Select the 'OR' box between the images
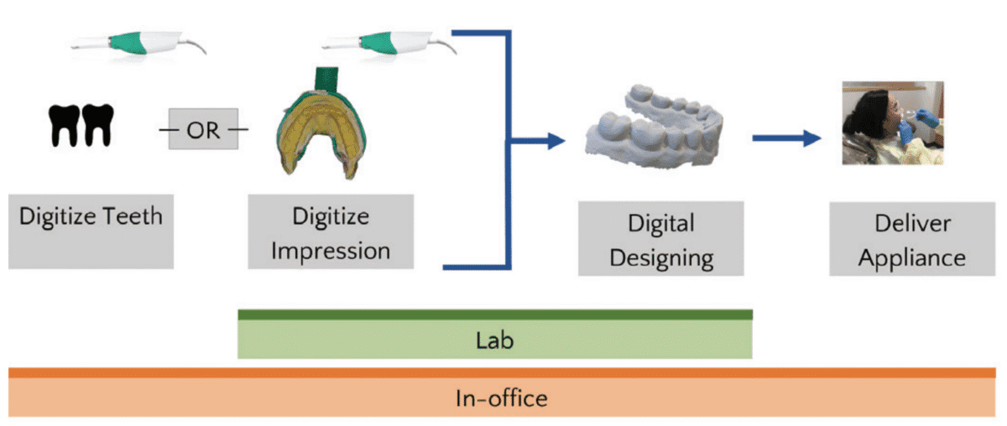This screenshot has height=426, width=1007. (202, 129)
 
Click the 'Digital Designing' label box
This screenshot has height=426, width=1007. (661, 240)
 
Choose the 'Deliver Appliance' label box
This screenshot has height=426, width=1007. (912, 240)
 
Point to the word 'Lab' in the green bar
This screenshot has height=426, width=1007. (494, 341)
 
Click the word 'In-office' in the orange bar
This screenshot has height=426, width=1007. (502, 397)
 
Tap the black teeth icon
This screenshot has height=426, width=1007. (81, 126)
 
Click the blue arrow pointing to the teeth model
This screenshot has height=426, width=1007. (537, 140)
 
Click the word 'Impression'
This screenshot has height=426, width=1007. (331, 250)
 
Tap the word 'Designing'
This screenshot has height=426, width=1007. (661, 257)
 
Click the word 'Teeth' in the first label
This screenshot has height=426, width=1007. (127, 216)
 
